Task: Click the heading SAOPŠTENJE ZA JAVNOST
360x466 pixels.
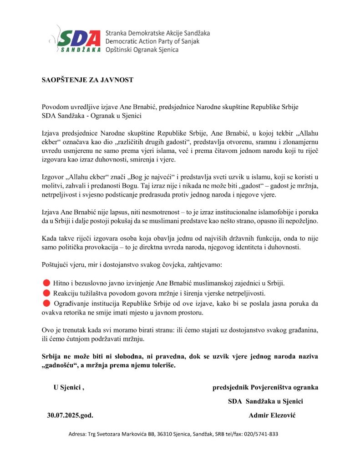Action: point(85,80)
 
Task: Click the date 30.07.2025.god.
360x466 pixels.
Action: point(73,415)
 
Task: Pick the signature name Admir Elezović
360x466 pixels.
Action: point(272,415)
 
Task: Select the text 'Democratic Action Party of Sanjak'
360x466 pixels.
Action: point(152,41)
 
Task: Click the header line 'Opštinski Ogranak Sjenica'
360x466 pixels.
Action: point(142,50)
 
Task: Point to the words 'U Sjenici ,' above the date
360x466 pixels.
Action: point(69,388)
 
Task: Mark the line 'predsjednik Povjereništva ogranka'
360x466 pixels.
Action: point(265,388)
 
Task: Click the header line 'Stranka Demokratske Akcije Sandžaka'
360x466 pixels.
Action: point(157,33)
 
